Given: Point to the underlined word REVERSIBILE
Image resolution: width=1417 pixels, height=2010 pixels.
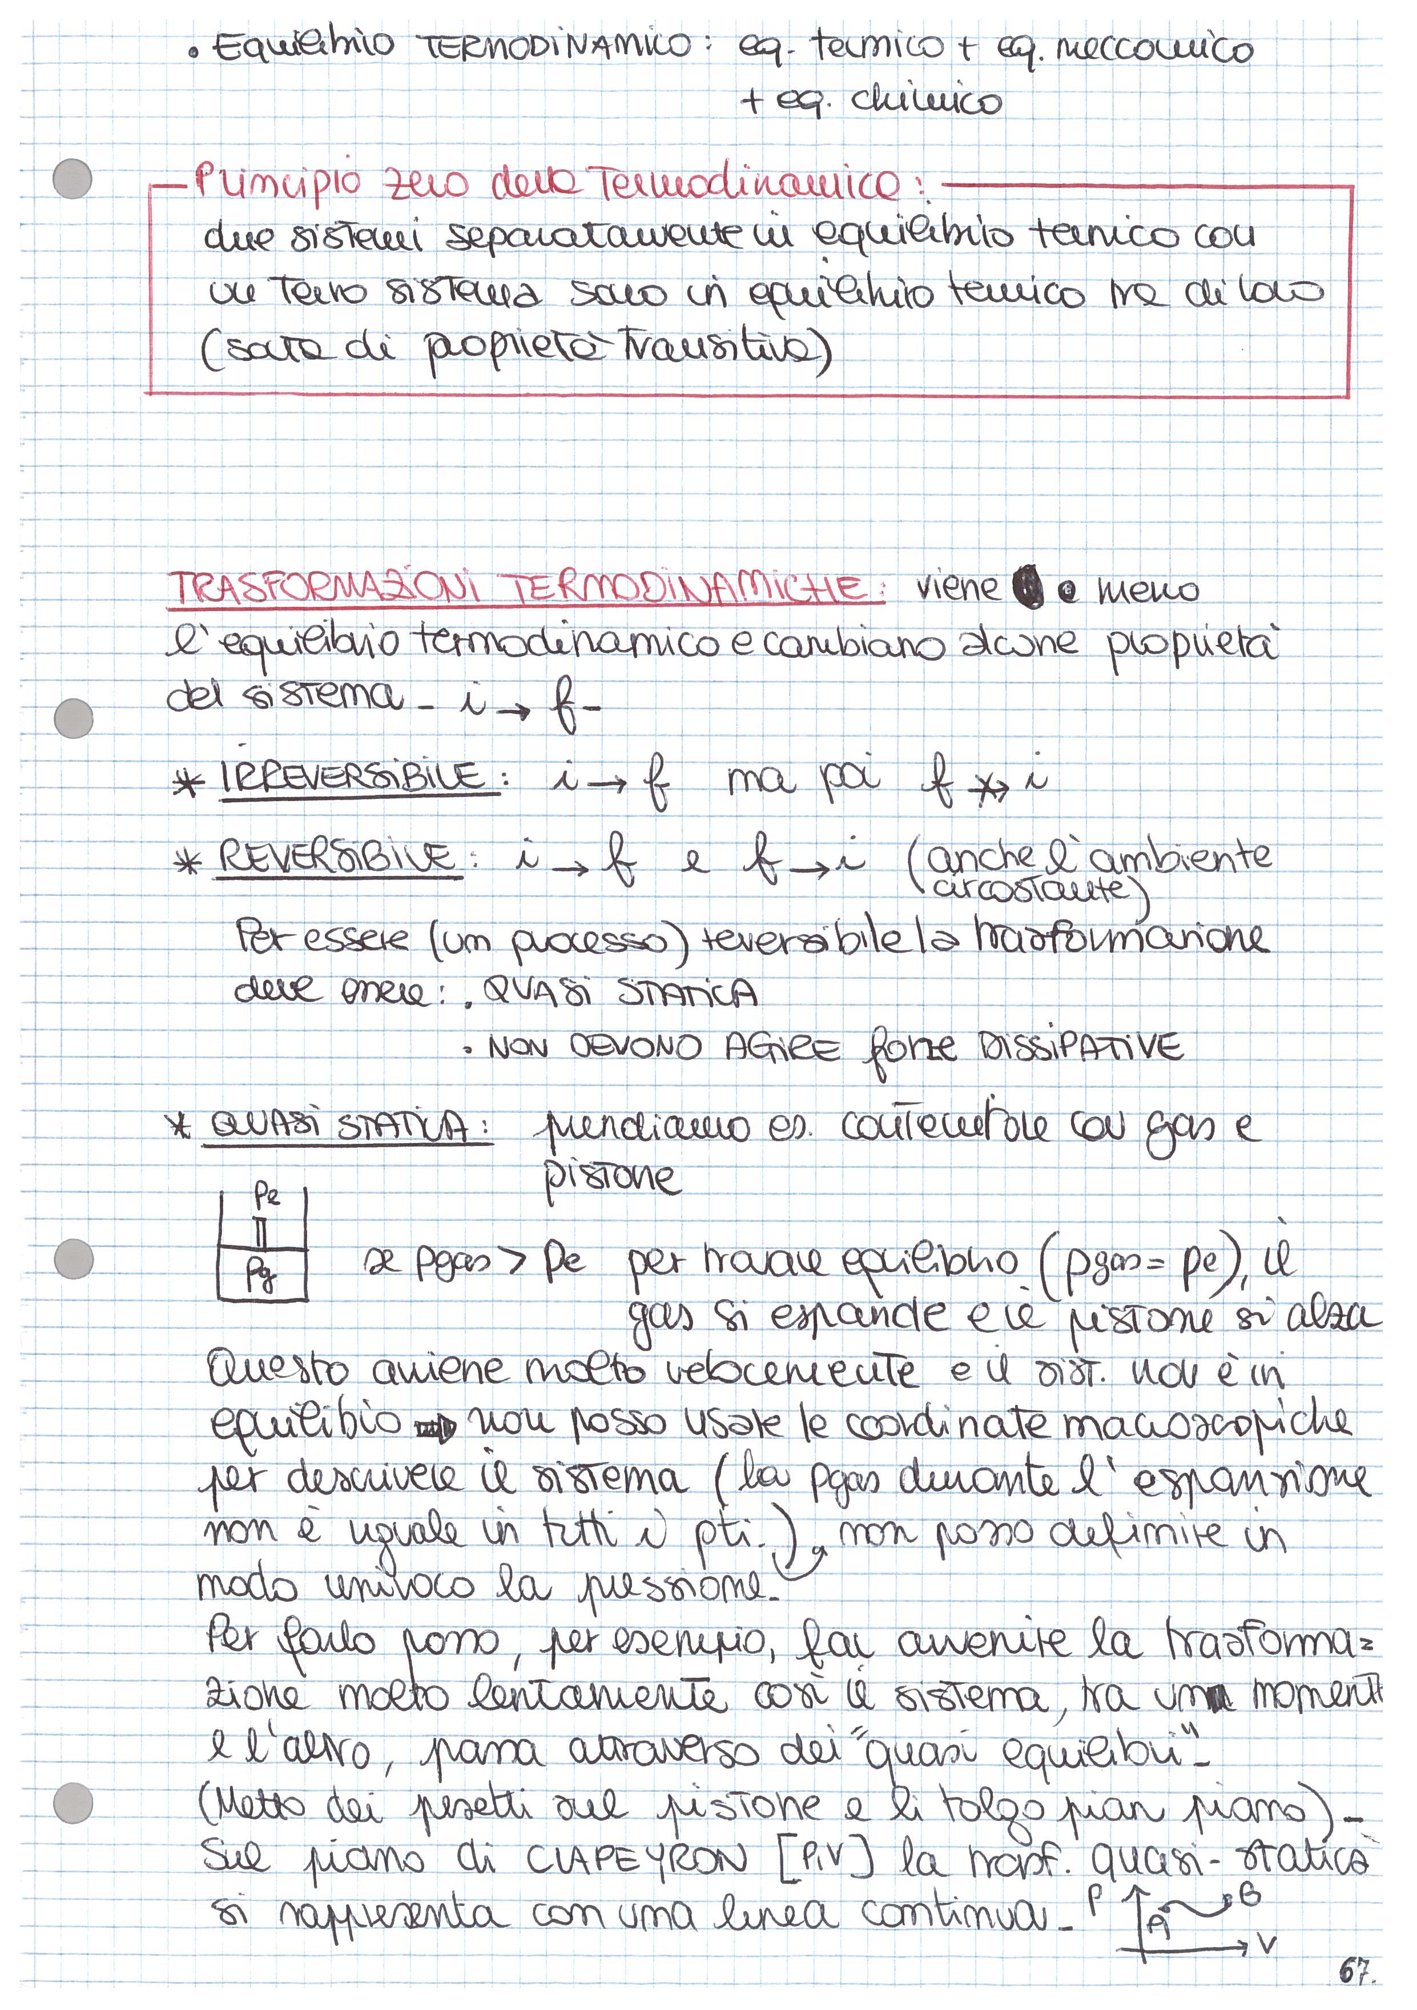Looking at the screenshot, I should click(337, 857).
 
